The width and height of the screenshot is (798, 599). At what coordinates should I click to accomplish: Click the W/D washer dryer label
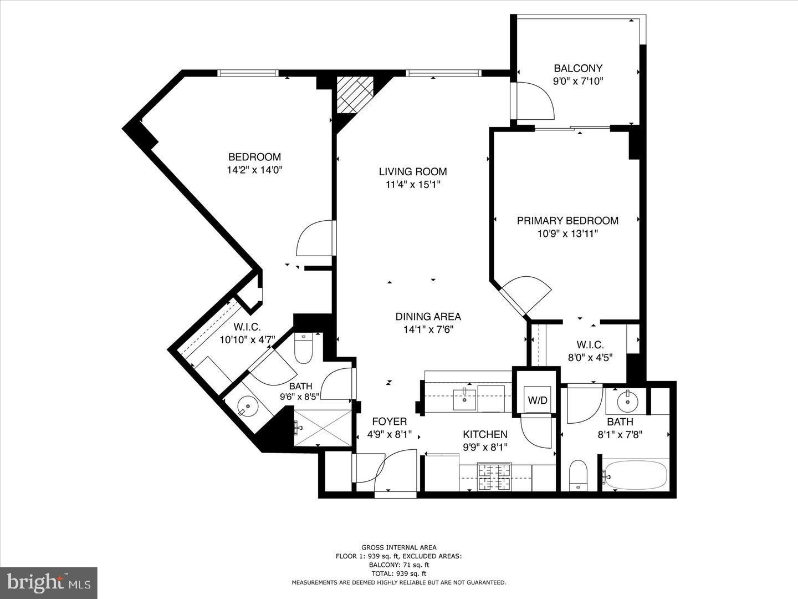tap(538, 400)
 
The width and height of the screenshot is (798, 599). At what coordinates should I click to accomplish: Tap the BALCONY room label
tap(578, 68)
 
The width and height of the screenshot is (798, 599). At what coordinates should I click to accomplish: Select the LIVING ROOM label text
tap(413, 171)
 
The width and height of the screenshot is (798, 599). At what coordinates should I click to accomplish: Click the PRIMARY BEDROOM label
tap(567, 220)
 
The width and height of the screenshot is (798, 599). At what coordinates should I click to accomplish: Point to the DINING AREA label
tap(428, 317)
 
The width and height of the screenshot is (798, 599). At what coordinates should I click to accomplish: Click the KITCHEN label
tap(485, 434)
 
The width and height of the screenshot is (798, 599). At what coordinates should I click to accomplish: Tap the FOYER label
tap(389, 422)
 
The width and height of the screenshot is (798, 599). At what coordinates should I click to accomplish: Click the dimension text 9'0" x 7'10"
tap(578, 81)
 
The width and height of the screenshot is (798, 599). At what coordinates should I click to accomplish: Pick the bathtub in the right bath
tap(636, 475)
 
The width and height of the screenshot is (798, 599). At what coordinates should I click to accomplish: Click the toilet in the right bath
tap(578, 475)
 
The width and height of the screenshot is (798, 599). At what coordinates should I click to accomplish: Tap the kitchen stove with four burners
tap(495, 477)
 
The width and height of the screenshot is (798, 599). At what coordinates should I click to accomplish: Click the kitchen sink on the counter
tap(464, 398)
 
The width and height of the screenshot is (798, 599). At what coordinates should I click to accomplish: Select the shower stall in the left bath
tap(323, 427)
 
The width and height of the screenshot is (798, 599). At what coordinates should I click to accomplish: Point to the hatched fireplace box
tap(355, 95)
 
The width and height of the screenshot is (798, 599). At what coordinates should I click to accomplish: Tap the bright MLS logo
tap(49, 582)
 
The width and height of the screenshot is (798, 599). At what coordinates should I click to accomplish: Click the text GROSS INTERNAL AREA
tap(398, 547)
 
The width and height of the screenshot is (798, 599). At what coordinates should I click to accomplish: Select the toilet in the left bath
tap(303, 349)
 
